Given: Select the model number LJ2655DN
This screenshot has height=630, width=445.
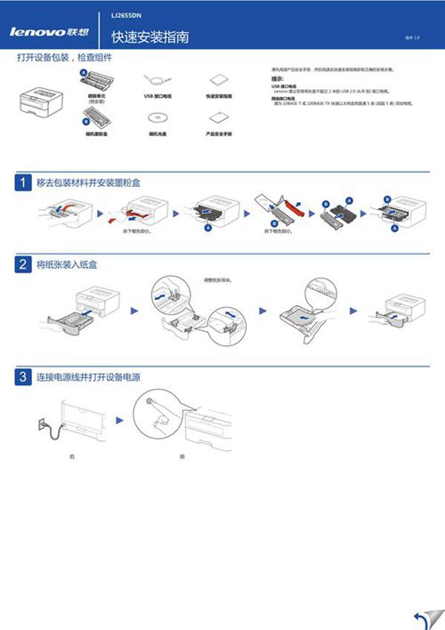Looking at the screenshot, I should click(125, 16).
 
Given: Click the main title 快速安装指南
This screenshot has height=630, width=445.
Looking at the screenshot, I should click(150, 37).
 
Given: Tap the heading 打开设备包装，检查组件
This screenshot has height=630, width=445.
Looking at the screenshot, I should click(70, 58).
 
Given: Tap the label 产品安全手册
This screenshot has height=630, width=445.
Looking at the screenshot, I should click(219, 133).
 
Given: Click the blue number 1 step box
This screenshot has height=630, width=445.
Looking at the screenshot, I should click(23, 182).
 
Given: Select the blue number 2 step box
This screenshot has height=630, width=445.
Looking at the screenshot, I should click(23, 265).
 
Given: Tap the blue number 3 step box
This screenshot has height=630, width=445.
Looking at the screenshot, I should click(23, 377).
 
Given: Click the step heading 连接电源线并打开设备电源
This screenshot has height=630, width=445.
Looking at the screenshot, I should click(87, 377).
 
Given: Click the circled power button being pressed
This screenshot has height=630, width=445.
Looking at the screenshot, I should click(158, 414).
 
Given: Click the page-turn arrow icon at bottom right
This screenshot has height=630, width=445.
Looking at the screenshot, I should click(425, 618).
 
